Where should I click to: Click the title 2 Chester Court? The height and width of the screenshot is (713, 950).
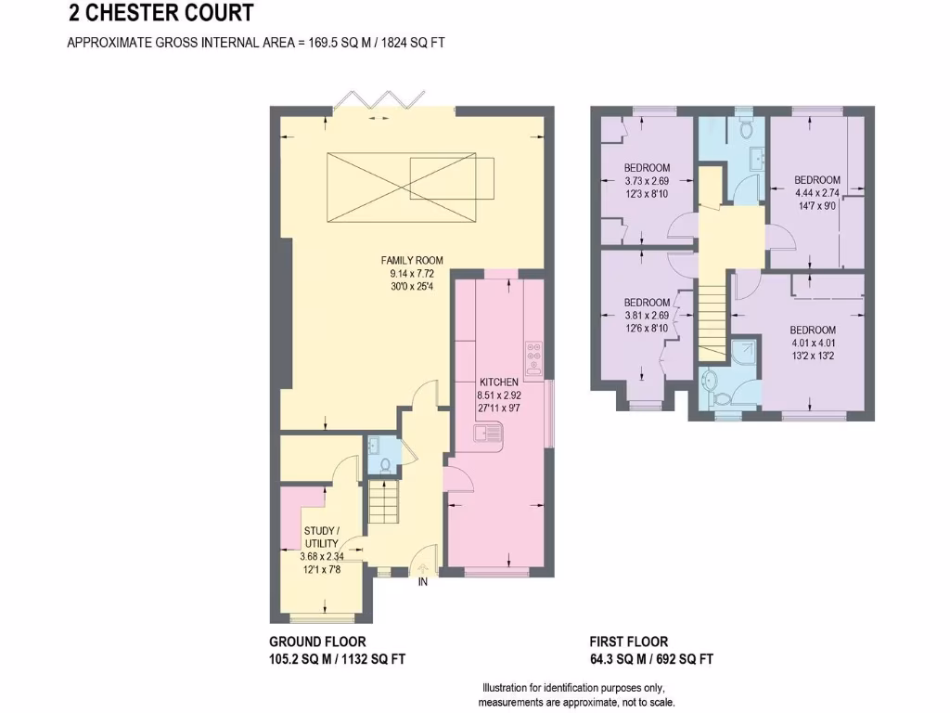pos(160,13)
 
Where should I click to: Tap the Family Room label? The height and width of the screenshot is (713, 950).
pos(412,261)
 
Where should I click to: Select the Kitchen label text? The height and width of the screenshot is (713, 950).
pos(498,382)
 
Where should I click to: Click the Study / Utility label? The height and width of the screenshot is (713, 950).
pos(321,538)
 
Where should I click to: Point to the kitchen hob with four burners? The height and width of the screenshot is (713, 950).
pos(534,357)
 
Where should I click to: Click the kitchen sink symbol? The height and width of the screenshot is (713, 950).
pos(488,434)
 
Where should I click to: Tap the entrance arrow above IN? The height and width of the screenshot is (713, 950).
pos(422,569)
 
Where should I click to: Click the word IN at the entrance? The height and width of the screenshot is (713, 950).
pos(422,582)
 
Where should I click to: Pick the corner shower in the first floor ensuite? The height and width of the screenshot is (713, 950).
pos(745,354)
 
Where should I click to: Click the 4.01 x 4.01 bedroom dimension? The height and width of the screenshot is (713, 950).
pos(813,344)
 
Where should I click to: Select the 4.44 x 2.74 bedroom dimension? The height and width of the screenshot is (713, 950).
pos(817,193)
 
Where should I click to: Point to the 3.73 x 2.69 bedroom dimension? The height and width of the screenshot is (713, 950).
pos(647,181)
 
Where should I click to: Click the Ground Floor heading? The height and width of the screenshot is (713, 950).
pos(317,642)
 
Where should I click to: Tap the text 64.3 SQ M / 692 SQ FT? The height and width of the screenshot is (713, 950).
pos(651,659)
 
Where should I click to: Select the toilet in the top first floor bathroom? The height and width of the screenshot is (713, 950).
pos(747,127)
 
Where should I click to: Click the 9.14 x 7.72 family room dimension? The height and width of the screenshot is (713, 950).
pos(412,274)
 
